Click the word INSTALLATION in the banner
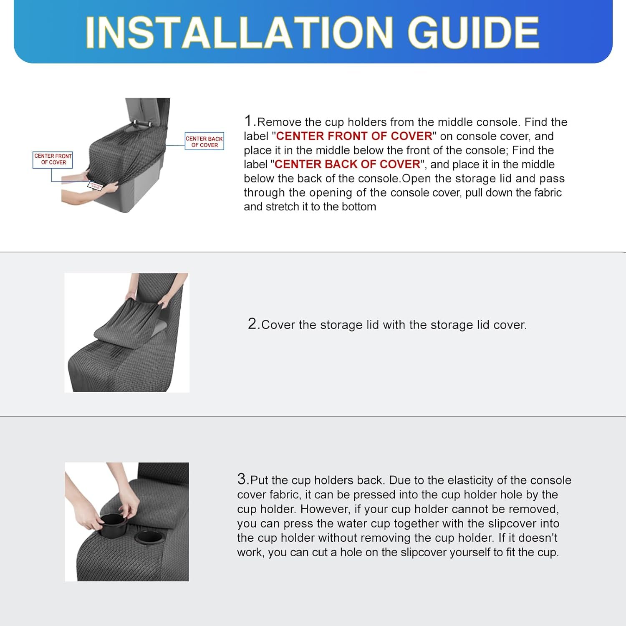click(x=239, y=33)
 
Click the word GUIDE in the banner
click(x=473, y=33)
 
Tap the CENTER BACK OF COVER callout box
click(x=204, y=141)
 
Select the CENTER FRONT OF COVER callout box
click(x=53, y=159)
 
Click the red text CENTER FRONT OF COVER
click(x=354, y=136)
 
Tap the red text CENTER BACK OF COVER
click(x=347, y=164)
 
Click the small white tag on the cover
click(x=95, y=186)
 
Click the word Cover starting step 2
click(x=279, y=325)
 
